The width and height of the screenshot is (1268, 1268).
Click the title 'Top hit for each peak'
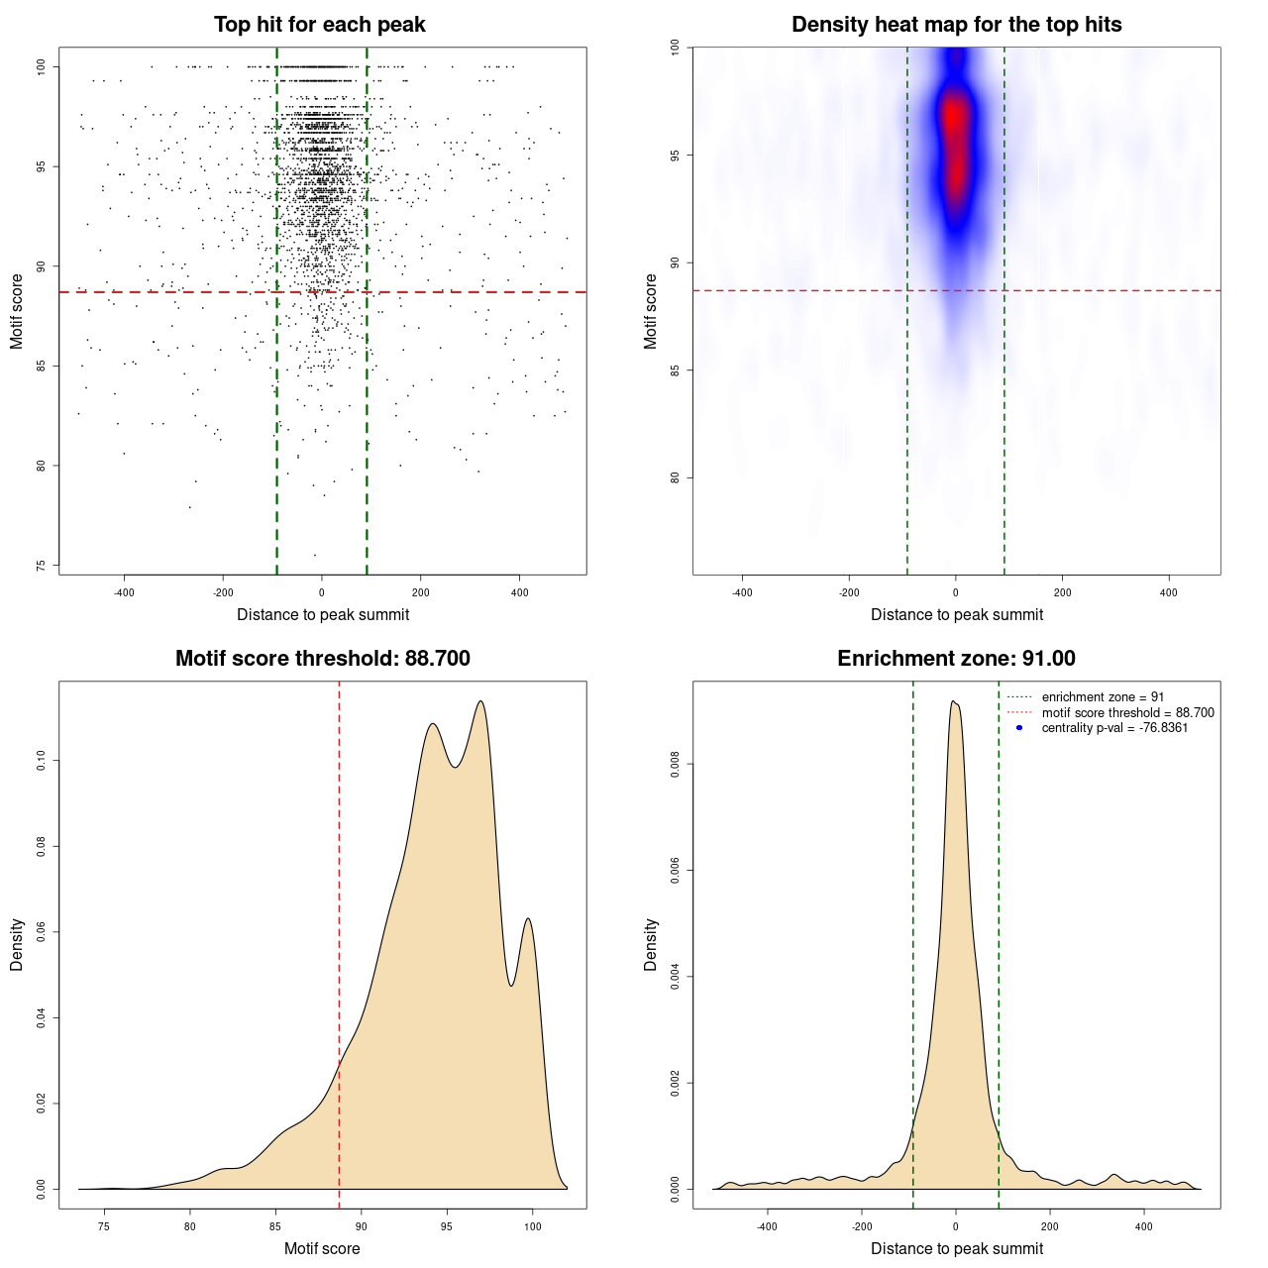pos(319,25)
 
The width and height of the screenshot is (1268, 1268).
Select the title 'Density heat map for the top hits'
pos(956,25)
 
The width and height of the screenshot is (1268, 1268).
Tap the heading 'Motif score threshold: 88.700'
pos(322,659)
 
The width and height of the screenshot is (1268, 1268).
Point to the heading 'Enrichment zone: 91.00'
pos(956,659)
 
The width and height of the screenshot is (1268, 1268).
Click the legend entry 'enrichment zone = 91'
pos(1103,697)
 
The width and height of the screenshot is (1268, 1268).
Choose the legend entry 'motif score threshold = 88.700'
pos(1127,713)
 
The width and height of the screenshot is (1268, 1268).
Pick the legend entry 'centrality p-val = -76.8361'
pos(1114,728)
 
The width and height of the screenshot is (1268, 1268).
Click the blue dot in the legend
pos(1019,728)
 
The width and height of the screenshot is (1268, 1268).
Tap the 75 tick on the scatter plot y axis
pos(42,566)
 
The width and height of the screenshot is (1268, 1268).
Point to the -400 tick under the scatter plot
pos(124,592)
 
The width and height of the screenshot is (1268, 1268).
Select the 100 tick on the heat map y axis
pos(675,48)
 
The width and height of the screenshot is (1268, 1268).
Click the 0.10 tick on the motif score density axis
pos(42,761)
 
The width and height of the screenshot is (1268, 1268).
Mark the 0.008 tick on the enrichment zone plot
pos(675,765)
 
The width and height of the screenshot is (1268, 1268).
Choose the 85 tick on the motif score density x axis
pos(275,1226)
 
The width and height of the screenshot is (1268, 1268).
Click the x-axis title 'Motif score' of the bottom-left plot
pos(322,1248)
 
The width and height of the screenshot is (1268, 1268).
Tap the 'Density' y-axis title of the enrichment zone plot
pos(651,944)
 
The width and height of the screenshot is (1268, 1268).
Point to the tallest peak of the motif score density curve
pos(480,701)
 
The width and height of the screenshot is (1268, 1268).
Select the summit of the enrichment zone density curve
pos(953,701)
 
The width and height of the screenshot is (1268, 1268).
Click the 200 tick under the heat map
pos(1062,592)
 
